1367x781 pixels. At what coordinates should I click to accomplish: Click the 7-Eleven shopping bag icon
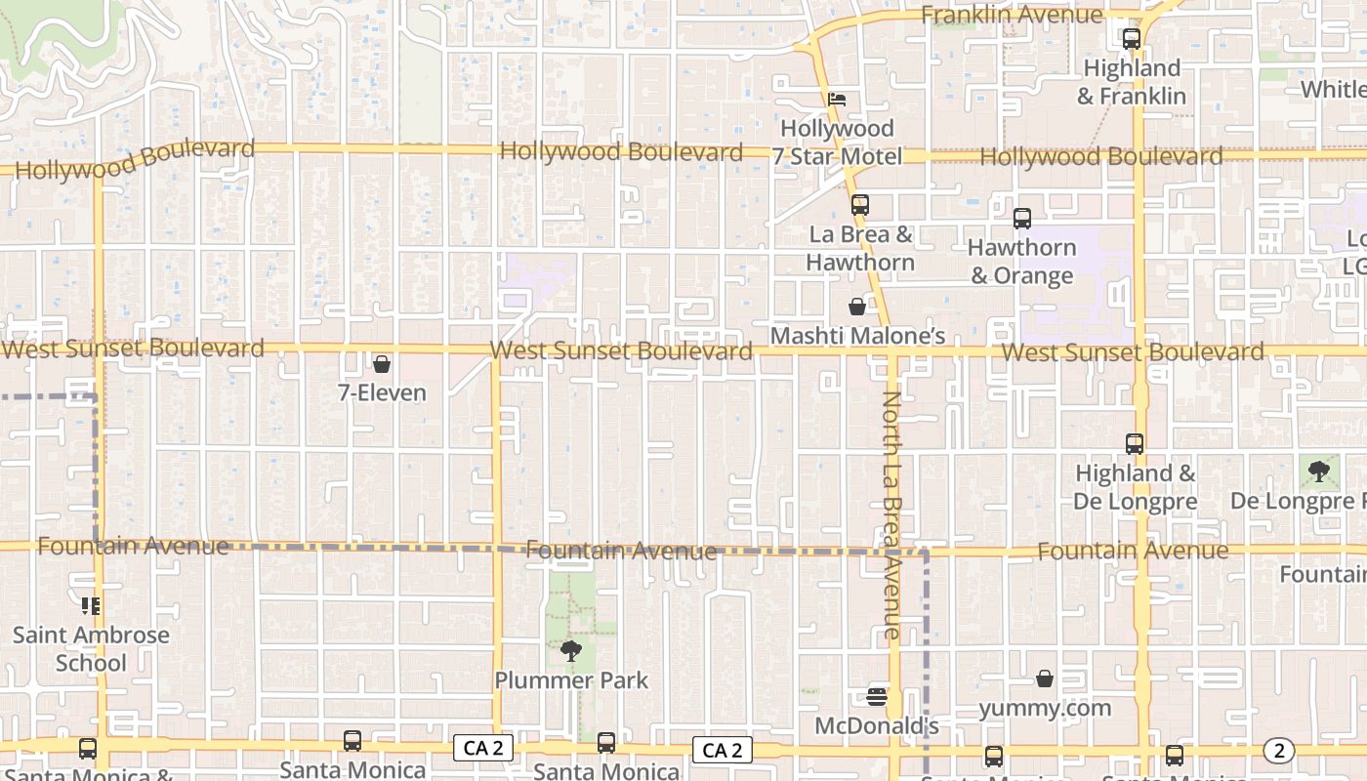(382, 364)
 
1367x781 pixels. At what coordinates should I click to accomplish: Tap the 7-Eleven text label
(382, 393)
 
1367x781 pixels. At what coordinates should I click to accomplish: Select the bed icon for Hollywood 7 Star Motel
(837, 99)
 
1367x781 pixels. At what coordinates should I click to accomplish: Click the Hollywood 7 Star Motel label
(837, 143)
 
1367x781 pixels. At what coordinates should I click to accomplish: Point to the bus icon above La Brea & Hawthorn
(859, 205)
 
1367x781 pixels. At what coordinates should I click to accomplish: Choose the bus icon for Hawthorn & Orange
(1022, 219)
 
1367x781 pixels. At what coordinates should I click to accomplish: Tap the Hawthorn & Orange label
(1022, 262)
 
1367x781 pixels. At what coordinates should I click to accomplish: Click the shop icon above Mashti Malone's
(857, 307)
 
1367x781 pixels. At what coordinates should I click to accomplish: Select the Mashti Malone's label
(858, 336)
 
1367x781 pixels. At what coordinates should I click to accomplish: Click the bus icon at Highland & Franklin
(1132, 39)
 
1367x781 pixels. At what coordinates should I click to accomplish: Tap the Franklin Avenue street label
(1012, 15)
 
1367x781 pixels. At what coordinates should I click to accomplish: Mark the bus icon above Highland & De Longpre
(1135, 444)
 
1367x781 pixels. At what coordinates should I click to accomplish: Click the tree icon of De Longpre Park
(1319, 473)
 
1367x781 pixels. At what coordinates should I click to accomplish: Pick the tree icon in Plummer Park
(571, 650)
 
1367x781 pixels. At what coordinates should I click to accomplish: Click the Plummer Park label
(571, 680)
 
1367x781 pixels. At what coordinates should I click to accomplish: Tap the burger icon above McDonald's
(877, 697)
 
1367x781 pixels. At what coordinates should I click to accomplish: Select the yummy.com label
(1045, 708)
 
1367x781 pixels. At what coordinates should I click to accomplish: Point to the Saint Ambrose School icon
(91, 606)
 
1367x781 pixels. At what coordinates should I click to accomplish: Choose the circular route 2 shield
(1278, 751)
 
